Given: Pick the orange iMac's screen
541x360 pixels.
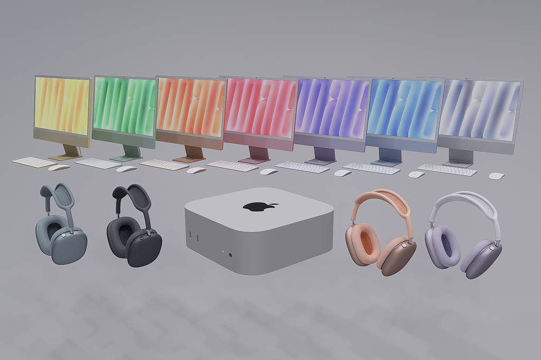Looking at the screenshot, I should [x=190, y=108].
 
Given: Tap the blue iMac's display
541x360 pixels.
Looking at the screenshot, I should [x=404, y=109].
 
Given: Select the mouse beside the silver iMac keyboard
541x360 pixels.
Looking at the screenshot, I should [x=496, y=176].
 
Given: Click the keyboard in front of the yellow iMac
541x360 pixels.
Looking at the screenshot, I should [x=34, y=162].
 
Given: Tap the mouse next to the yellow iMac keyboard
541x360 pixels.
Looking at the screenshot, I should [x=59, y=167].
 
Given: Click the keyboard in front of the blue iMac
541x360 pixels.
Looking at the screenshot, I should [x=372, y=168].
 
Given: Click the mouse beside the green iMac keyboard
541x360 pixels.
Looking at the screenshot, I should [x=126, y=169].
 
